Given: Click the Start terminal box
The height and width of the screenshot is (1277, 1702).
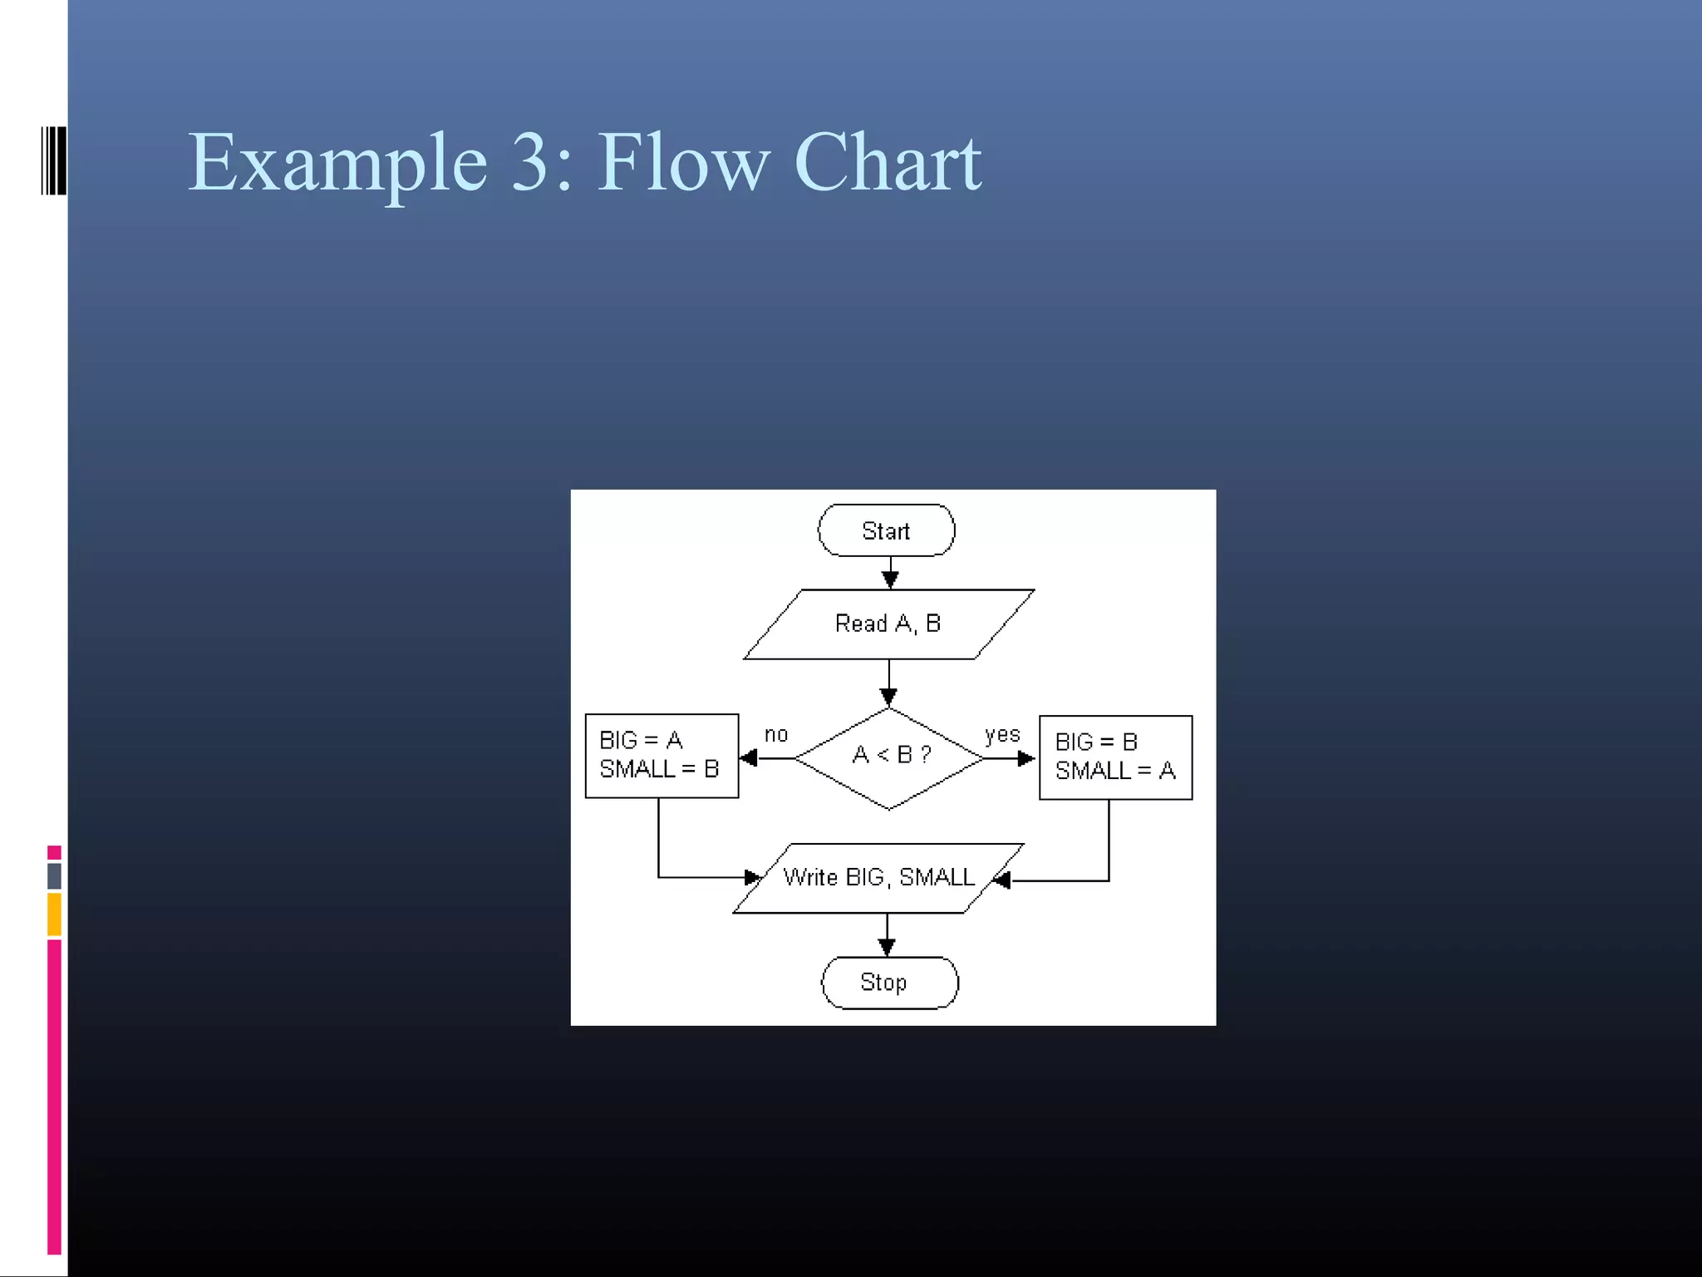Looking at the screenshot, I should (x=886, y=530).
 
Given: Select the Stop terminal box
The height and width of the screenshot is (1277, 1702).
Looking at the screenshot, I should (x=888, y=983).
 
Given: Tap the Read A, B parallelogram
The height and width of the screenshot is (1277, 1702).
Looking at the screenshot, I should (x=888, y=624).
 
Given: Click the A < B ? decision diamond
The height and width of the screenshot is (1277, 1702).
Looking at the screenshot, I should (x=889, y=757).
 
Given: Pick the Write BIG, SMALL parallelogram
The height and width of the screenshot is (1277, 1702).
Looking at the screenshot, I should (x=878, y=878).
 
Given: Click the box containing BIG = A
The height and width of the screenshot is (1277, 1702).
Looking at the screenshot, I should (x=662, y=756).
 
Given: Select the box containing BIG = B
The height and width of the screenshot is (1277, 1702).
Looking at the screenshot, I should (x=1115, y=757).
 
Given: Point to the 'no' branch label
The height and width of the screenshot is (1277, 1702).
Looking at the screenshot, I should (x=775, y=735).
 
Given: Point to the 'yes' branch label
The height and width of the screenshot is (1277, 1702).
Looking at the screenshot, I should (x=1001, y=735).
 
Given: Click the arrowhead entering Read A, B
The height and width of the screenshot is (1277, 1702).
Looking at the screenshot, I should (x=890, y=579).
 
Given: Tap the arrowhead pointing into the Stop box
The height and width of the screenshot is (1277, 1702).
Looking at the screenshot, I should (x=887, y=947).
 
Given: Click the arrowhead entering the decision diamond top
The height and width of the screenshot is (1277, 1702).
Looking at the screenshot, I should (x=888, y=697).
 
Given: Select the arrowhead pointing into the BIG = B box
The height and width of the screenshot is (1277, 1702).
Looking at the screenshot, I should (x=1027, y=758).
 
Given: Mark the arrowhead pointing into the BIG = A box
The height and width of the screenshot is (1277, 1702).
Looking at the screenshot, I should (x=749, y=757).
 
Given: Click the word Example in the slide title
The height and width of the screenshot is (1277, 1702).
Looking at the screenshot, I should (x=337, y=163).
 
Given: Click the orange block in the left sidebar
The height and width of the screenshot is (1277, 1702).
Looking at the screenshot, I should (x=54, y=915).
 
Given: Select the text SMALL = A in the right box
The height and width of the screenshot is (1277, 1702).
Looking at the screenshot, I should (x=1115, y=772).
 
